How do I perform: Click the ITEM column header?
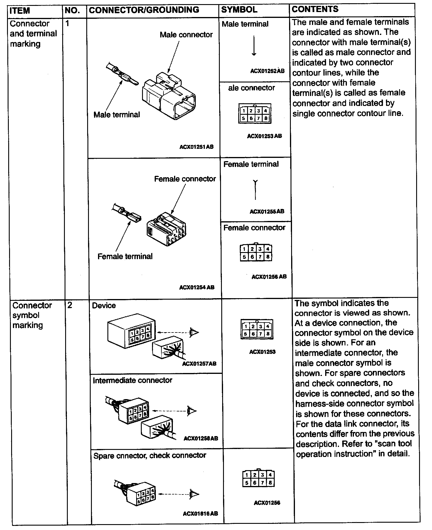pyautogui.click(x=20, y=11)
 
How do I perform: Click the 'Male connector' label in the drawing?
pyautogui.click(x=186, y=35)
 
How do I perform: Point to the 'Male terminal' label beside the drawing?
pyautogui.click(x=117, y=114)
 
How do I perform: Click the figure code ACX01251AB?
pyautogui.click(x=196, y=147)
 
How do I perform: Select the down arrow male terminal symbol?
pyautogui.click(x=254, y=46)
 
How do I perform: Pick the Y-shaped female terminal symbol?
pyautogui.click(x=255, y=189)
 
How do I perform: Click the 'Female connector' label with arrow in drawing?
pyautogui.click(x=185, y=179)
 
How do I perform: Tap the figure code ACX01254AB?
pyautogui.click(x=197, y=287)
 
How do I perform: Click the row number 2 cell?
pyautogui.click(x=70, y=305)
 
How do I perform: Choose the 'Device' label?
pyautogui.click(x=104, y=305)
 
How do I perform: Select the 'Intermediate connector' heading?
pyautogui.click(x=132, y=380)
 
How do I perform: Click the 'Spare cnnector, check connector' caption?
pyautogui.click(x=150, y=455)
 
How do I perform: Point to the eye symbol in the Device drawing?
pyautogui.click(x=194, y=332)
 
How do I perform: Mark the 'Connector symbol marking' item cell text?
pyautogui.click(x=32, y=315)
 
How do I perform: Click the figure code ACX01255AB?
pyautogui.click(x=267, y=211)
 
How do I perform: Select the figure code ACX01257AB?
pyautogui.click(x=199, y=364)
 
